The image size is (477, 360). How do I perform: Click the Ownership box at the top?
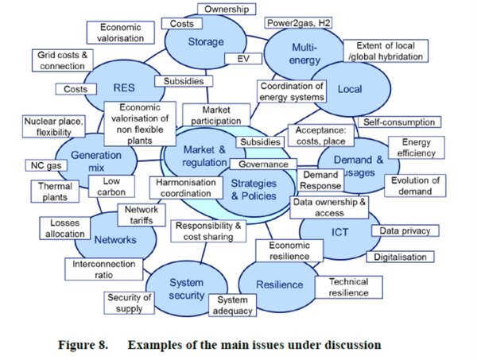(x=226, y=9)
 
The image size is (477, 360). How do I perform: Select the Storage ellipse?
(x=205, y=44)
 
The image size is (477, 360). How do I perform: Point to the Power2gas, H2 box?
(x=298, y=23)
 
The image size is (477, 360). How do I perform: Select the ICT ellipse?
(x=340, y=232)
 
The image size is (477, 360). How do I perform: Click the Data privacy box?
(x=405, y=230)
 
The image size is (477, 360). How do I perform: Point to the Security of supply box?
(x=129, y=303)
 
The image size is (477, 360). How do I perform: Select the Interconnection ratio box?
(x=103, y=269)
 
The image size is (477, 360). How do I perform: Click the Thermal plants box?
(x=55, y=191)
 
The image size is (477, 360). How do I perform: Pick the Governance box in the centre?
(x=262, y=165)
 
